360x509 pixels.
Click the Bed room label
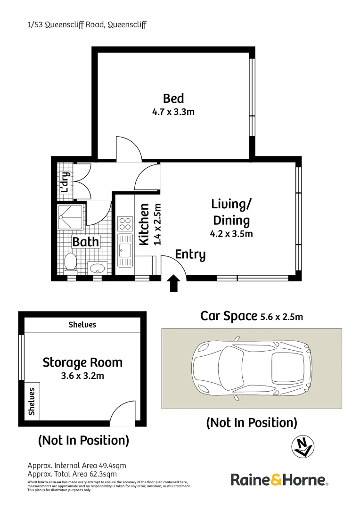pos(173,99)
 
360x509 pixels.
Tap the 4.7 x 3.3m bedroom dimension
pos(173,112)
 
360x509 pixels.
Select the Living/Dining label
pos(231,212)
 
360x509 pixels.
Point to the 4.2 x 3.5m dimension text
pos(231,233)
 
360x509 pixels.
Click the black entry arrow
pos(173,284)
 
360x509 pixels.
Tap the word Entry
pos(190,254)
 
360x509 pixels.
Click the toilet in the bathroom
pos(70,262)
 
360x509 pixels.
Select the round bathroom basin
pos(98,268)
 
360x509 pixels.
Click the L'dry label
pos(65,182)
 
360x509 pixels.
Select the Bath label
pos(85,242)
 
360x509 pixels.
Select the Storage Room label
pos(82,362)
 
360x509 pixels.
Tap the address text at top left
pos(87,25)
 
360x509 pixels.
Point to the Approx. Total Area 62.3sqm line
pos(72,474)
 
